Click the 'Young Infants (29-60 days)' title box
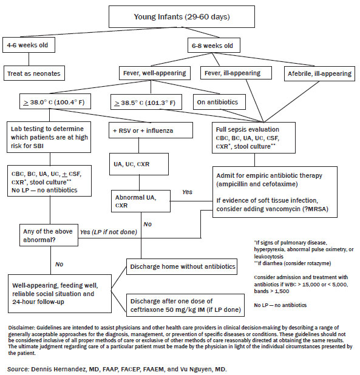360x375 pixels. (182, 17)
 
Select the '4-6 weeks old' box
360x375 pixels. (29, 45)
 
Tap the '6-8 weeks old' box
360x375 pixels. (214, 45)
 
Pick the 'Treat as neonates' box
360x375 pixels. (34, 73)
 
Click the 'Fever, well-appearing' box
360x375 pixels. (155, 73)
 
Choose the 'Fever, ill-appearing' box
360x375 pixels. (236, 73)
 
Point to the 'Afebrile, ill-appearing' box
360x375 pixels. (319, 73)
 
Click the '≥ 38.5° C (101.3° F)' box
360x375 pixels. (146, 103)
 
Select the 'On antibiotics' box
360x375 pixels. (219, 102)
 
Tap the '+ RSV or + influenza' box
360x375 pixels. (151, 130)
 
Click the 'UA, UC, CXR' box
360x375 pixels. (139, 164)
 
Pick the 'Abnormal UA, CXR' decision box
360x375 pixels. (141, 201)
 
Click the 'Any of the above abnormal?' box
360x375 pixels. (49, 235)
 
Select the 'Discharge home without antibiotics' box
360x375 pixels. (182, 266)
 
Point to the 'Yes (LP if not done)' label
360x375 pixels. (108, 232)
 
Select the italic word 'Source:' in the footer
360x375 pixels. (18, 369)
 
